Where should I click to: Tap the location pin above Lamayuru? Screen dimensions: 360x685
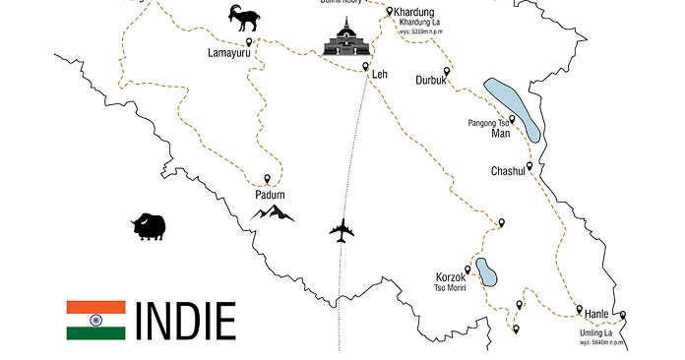pos(249,41)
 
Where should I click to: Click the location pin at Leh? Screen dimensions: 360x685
pos(365,67)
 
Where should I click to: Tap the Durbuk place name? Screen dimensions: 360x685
pos(431,80)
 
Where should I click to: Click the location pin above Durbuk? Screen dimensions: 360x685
pos(447,71)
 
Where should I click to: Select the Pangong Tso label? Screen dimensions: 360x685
pos(489,123)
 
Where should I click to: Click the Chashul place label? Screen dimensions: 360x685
pos(510,171)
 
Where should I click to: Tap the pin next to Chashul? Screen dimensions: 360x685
pos(529,165)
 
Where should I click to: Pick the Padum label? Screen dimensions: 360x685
pos(270,194)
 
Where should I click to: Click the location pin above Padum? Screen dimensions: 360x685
pos(267,178)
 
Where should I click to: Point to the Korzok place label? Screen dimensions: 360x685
pos(450,276)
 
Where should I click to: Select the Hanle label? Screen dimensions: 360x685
pos(597,314)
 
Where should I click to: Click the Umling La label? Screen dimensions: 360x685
pos(595,333)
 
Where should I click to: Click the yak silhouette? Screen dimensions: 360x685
pos(148,226)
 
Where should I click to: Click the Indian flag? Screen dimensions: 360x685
pos(95,320)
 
